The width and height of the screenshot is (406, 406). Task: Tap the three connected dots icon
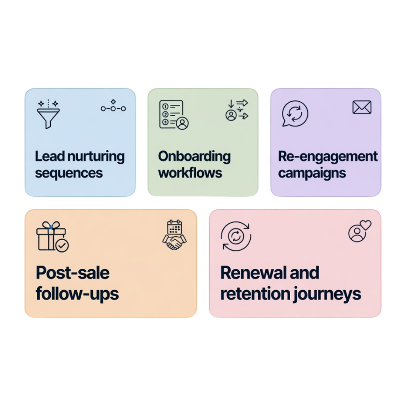(113, 107)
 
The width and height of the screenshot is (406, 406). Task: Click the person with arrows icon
(236, 110)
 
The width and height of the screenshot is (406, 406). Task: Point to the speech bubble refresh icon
(295, 113)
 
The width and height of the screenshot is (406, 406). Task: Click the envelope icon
(362, 107)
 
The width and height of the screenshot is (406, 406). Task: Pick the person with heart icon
(360, 232)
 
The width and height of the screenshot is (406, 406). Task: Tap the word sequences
(69, 173)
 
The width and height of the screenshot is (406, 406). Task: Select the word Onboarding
(194, 156)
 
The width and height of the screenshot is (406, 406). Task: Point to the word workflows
(190, 173)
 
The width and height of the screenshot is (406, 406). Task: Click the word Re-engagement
(328, 157)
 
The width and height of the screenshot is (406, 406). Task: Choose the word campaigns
(312, 173)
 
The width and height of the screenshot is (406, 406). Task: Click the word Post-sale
(73, 273)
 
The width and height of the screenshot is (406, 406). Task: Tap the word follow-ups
(77, 294)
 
